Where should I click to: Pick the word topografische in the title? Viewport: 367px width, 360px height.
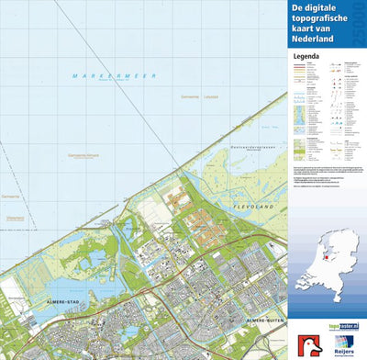(324, 18)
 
